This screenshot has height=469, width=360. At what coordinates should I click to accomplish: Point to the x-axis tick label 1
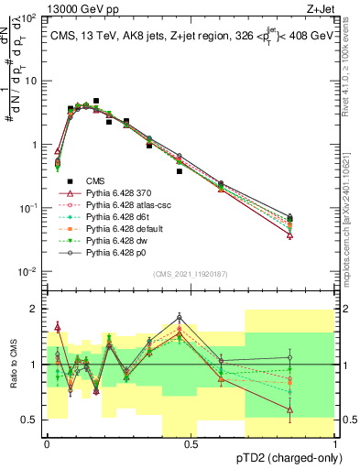(335, 443)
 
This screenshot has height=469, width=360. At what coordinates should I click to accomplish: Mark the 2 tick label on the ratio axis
(34, 309)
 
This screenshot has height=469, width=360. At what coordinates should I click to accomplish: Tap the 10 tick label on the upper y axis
(31, 81)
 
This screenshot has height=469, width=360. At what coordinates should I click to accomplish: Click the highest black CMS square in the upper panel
(96, 101)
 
